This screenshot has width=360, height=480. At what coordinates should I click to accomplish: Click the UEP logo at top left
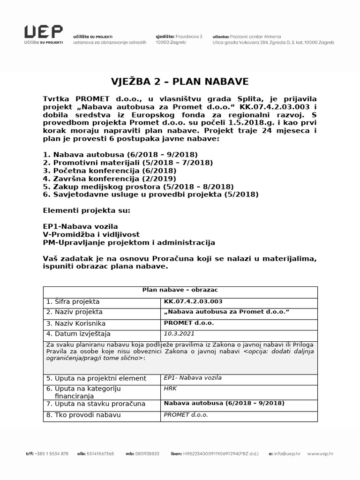pyautogui.click(x=44, y=34)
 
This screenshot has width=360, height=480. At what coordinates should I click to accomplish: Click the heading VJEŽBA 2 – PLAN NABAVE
pyautogui.click(x=180, y=81)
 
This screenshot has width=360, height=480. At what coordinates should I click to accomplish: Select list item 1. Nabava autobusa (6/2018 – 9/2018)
pyautogui.click(x=120, y=154)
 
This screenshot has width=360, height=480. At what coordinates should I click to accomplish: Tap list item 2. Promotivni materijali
pyautogui.click(x=127, y=162)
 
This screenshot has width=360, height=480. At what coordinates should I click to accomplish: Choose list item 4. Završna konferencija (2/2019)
pyautogui.click(x=109, y=178)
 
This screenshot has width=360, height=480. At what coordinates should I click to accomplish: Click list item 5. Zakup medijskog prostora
pyautogui.click(x=138, y=186)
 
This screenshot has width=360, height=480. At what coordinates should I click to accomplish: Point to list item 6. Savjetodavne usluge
pyautogui.click(x=150, y=194)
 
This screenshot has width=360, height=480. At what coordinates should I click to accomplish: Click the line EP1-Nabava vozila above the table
pyautogui.click(x=80, y=226)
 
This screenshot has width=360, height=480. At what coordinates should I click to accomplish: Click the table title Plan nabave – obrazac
pyautogui.click(x=180, y=290)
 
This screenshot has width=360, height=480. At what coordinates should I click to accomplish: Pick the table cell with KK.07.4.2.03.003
pyautogui.click(x=193, y=301)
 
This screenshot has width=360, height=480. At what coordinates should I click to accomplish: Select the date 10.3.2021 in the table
pyautogui.click(x=179, y=334)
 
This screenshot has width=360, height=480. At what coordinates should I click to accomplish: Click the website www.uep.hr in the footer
pyautogui.click(x=322, y=454)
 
